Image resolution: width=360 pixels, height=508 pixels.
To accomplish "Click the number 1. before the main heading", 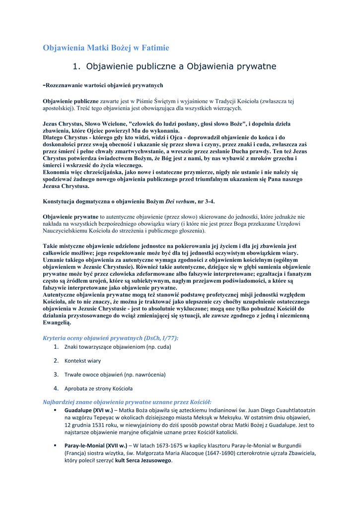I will pyautogui.click(x=76, y=66).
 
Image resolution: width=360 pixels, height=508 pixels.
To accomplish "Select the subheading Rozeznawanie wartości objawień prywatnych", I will pyautogui.click(x=104, y=85).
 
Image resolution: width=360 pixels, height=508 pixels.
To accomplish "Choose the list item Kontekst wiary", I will pyautogui.click(x=82, y=361).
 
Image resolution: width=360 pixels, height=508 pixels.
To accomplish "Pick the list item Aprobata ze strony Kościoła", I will pyautogui.click(x=98, y=388).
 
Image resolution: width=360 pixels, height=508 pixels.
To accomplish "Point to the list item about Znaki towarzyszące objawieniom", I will pyautogui.click(x=118, y=347).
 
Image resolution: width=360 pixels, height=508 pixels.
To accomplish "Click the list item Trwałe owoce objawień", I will pyautogui.click(x=115, y=375).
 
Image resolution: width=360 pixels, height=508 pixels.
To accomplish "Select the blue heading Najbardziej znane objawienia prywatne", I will pyautogui.click(x=127, y=401).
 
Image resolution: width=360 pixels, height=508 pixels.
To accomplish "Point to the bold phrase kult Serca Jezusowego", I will pyautogui.click(x=144, y=461).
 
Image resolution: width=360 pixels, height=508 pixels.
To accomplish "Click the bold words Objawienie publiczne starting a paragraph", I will pyautogui.click(x=71, y=101).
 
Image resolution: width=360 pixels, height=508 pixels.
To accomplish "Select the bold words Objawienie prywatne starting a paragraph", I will pyautogui.click(x=71, y=217).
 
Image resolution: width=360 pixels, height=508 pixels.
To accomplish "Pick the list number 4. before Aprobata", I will pyautogui.click(x=56, y=388).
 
